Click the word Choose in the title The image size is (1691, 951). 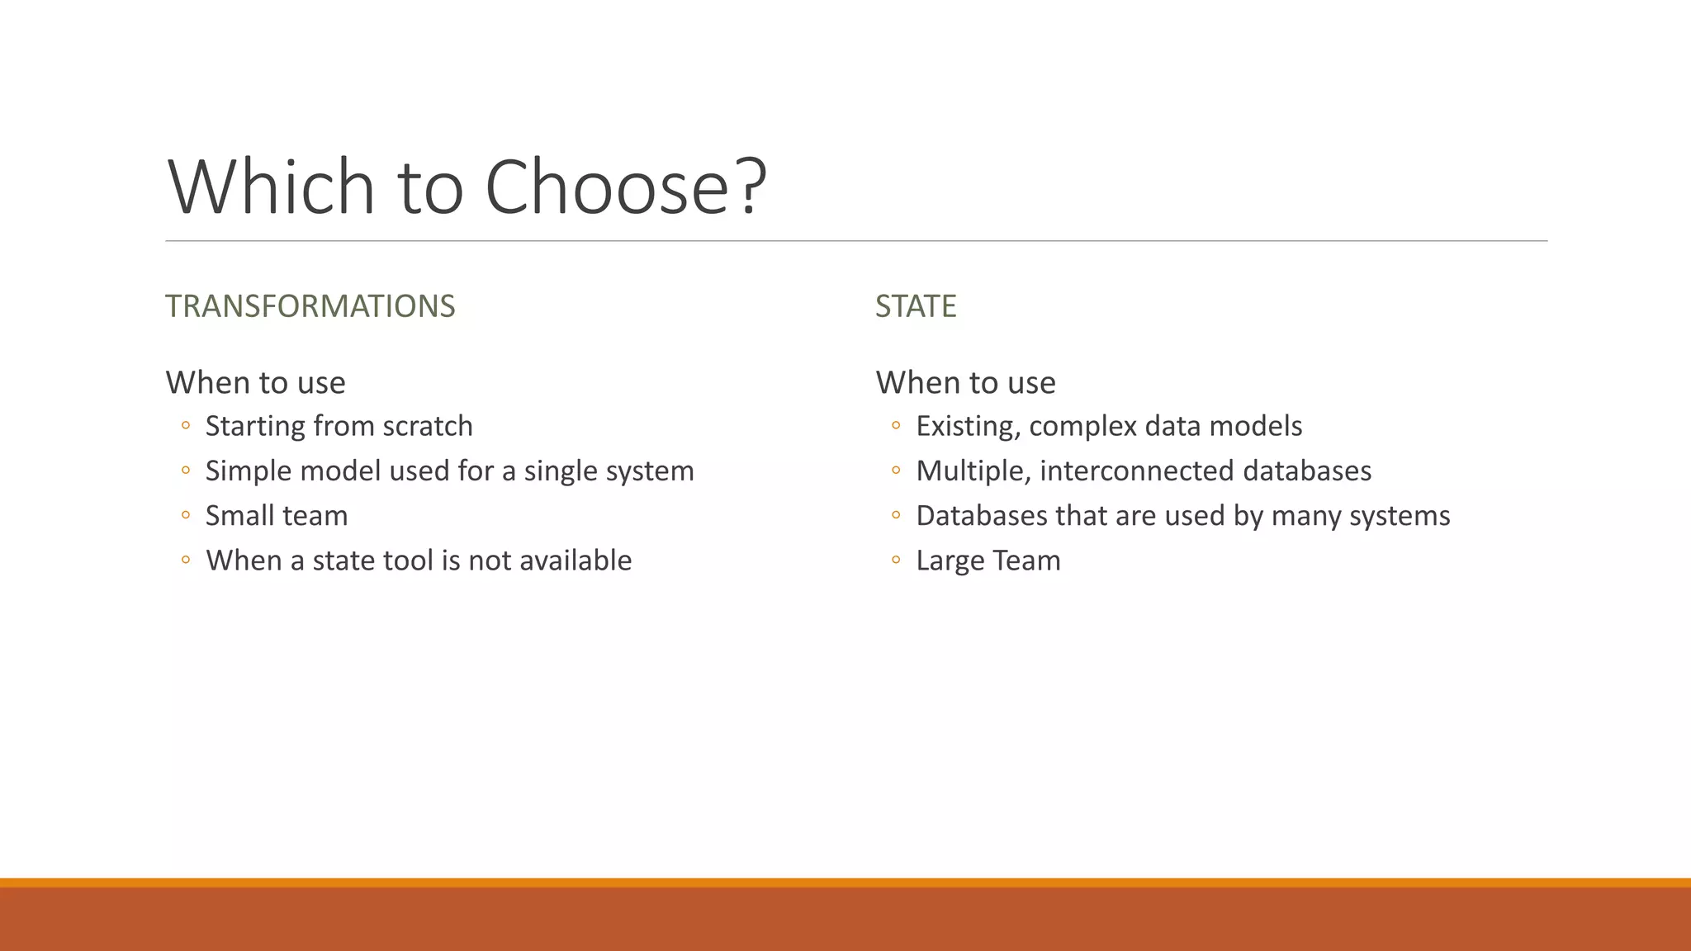click(606, 188)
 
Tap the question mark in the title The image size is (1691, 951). click(750, 188)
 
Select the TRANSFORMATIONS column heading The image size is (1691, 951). click(310, 306)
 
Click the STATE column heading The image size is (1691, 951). click(915, 306)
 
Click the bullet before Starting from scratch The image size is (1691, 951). click(186, 426)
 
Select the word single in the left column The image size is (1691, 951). click(561, 471)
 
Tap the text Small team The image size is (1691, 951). click(277, 516)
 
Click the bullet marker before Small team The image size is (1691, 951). click(186, 516)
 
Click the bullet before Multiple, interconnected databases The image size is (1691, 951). click(896, 471)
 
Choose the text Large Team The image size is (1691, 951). click(988, 561)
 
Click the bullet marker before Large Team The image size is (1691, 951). click(896, 561)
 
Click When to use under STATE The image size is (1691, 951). click(965, 383)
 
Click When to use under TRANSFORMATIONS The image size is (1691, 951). click(255, 383)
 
